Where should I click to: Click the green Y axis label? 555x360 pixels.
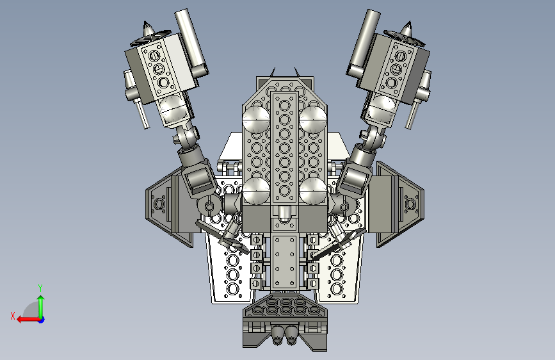coord(40,288)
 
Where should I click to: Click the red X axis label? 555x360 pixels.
coord(13,316)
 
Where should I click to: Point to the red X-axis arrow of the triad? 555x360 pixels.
coord(28,320)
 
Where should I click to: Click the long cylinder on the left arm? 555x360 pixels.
coord(191,42)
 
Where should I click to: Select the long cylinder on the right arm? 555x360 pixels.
coord(364,43)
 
